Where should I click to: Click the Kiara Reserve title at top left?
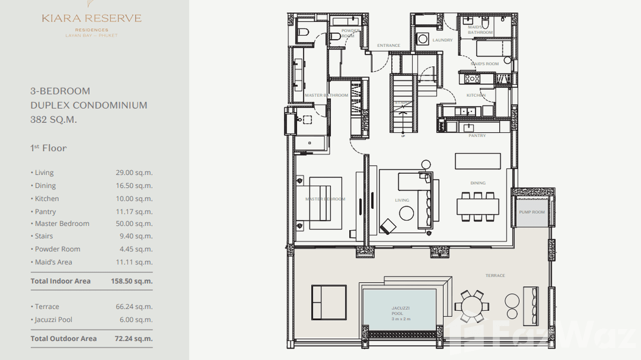coord(91,19)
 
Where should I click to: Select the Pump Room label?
coord(532,212)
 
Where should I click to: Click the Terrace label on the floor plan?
coord(495,275)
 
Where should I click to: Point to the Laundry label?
coord(442,40)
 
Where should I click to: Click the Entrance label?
coord(388,46)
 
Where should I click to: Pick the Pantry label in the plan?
coord(477,136)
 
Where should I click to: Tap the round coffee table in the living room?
coord(406,213)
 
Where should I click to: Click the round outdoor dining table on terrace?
coord(472,306)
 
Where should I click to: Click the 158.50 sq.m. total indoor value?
coord(131,281)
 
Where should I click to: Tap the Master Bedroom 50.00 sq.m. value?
coord(134,223)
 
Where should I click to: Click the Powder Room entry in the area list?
coord(57,249)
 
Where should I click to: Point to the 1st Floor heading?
coord(48,148)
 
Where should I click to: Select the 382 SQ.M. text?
coord(53,120)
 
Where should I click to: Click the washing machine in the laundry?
coord(423,39)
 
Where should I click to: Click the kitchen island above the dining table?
coord(478,161)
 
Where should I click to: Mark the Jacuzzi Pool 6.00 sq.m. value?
coord(136,320)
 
